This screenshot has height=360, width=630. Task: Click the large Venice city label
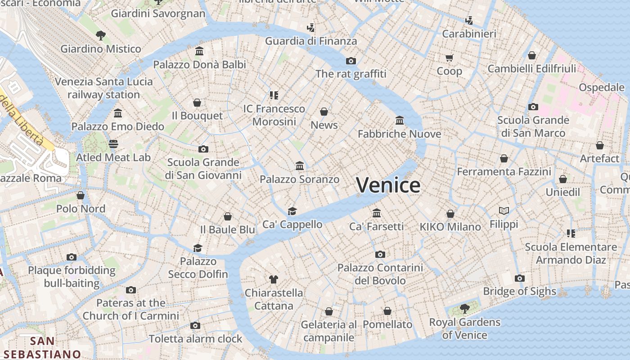388,185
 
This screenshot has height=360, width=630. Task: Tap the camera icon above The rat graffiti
351,61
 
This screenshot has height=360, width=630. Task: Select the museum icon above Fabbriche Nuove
399,120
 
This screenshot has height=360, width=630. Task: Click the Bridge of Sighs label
519,291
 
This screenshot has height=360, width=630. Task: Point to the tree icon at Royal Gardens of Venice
464,309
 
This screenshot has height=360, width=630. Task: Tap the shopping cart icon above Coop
449,58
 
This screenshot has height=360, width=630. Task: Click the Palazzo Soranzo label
299,180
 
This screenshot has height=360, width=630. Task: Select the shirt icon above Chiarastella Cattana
273,279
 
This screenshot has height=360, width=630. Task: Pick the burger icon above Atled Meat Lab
113,144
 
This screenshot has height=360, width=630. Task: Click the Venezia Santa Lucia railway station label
104,88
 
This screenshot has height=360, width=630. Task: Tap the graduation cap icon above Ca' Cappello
292,211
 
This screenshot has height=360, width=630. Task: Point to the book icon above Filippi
504,211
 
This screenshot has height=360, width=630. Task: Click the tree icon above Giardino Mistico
101,35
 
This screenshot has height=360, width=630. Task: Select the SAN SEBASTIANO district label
42,347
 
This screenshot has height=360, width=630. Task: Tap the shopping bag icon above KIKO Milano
450,214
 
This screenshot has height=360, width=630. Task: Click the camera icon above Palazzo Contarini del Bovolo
380,255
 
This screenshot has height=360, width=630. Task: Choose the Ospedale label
601,87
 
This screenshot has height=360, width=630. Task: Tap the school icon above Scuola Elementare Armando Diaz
571,234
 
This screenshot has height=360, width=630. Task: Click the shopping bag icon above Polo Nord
81,195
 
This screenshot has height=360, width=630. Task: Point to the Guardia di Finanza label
310,41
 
